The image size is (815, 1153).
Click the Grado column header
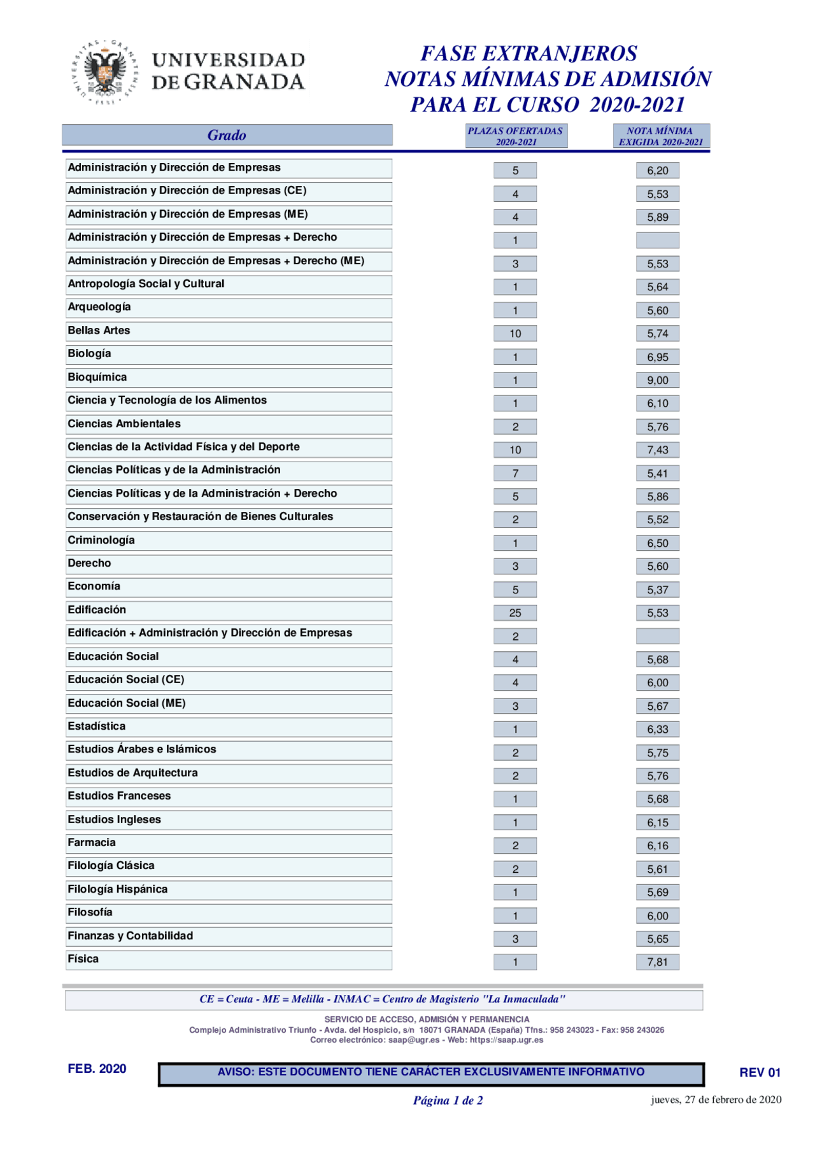point(227,135)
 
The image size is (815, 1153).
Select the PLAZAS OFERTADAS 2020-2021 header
point(516,136)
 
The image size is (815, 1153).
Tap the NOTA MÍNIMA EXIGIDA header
point(661,136)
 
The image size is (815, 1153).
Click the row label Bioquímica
point(97,377)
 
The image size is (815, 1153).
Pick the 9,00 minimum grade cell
point(657,380)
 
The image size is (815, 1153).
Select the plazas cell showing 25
point(514,612)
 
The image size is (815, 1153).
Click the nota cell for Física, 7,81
point(657,961)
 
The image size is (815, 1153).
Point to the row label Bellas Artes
point(99,330)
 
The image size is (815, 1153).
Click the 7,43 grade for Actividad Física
point(657,449)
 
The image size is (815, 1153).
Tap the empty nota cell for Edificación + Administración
point(657,636)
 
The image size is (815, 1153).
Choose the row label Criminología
point(101,540)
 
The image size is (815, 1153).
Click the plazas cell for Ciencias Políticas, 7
point(514,473)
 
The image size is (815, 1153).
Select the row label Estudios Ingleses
point(115,819)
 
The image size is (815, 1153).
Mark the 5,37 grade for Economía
point(657,590)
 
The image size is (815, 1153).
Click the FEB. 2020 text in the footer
point(97,1068)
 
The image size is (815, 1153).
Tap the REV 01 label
point(760,1072)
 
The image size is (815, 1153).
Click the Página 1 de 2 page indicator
point(448,1100)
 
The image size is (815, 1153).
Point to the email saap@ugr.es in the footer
point(414,1040)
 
